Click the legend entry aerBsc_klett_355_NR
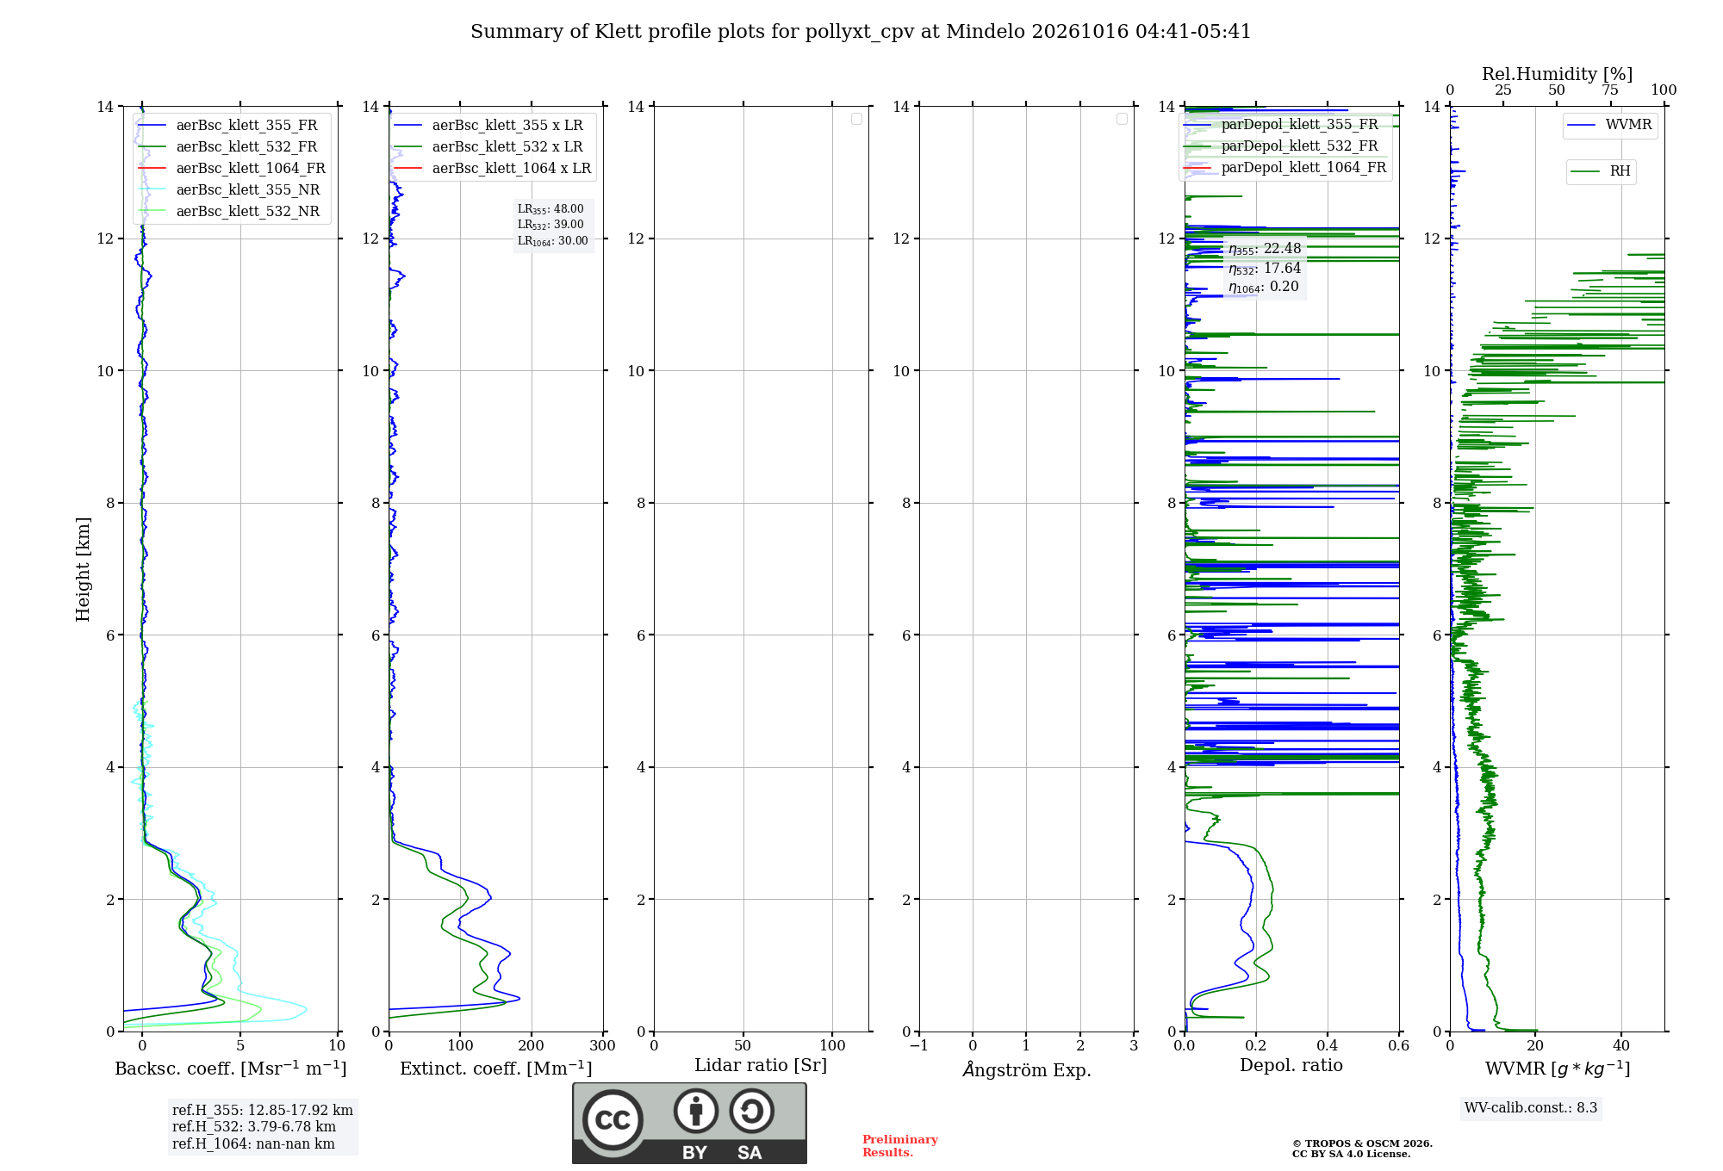(229, 189)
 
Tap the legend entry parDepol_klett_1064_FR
(1284, 167)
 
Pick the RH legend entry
(1601, 171)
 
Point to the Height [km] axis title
(83, 569)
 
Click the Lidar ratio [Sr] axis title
(761, 1066)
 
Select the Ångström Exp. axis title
(1027, 1069)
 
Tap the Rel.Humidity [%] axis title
(1557, 74)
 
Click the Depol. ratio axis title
(1291, 1065)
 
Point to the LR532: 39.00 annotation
(550, 225)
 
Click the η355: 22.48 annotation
(1265, 249)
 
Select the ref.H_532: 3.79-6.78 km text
(254, 1126)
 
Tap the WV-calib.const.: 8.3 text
(1531, 1107)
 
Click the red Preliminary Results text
(900, 1146)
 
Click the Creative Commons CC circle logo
(613, 1120)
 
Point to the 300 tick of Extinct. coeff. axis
(603, 1046)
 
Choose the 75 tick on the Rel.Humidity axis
(1610, 90)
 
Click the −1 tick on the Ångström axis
(919, 1046)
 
